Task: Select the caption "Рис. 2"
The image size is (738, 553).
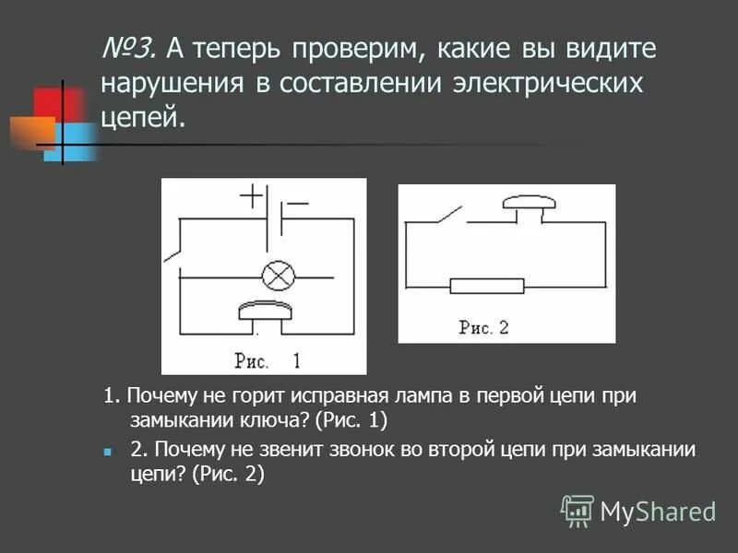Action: pos(483,327)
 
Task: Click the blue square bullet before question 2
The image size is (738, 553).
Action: pos(108,453)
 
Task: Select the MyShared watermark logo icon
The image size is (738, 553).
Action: pos(577,510)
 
